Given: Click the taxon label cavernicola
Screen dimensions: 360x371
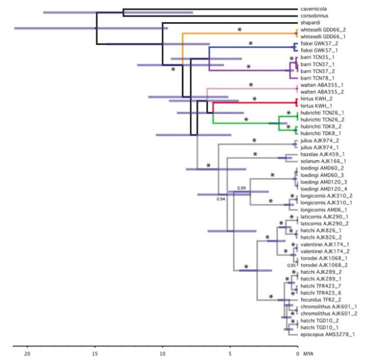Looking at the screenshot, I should point(314,9).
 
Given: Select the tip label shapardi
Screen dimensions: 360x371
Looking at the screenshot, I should point(312,23).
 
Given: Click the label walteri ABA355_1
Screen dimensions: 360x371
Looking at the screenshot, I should point(323,85).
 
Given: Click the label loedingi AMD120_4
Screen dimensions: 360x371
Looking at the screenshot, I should point(325,188).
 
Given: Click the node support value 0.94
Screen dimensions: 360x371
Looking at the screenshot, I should point(221,199).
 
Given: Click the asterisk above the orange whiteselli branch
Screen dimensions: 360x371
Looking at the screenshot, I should point(240,29).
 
